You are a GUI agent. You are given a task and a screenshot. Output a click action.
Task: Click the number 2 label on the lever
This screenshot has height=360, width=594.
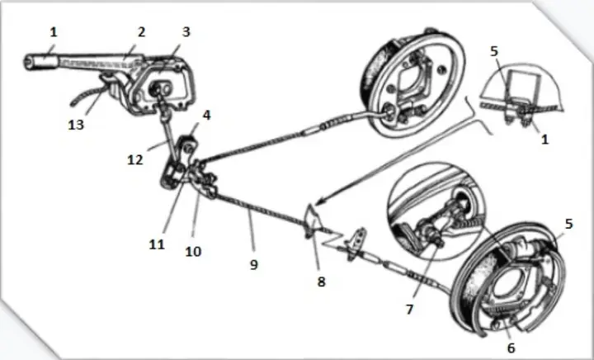coord(141,32)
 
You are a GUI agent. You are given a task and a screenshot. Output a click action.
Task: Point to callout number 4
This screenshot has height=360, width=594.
coord(207,116)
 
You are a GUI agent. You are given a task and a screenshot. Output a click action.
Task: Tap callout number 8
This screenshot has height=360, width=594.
coord(321,282)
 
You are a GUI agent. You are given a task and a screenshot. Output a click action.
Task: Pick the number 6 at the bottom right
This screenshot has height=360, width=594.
coord(511,348)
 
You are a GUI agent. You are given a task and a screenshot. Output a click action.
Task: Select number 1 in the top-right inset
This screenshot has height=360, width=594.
coord(544,140)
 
